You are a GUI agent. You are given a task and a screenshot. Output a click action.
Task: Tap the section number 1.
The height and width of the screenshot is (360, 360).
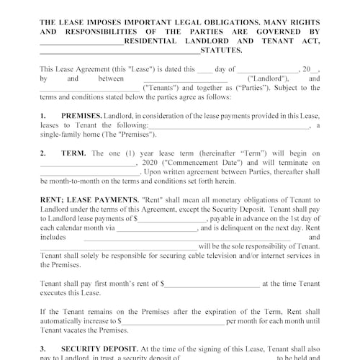pyautogui.click(x=43, y=115)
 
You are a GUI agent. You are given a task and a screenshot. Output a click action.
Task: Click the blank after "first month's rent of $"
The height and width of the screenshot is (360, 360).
pyautogui.click(x=212, y=284)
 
